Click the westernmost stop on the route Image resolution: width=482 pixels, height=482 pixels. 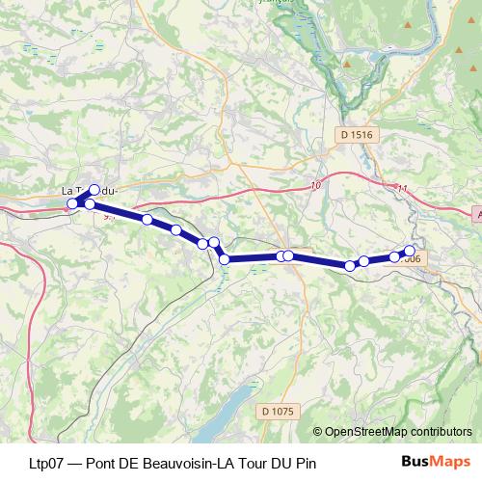[x=72, y=203]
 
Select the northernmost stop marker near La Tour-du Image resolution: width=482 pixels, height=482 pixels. [x=94, y=190]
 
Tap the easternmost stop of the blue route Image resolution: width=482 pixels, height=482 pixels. [x=410, y=251]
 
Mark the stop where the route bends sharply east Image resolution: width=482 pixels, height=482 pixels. [x=224, y=258]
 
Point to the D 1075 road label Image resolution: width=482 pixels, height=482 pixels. [x=278, y=412]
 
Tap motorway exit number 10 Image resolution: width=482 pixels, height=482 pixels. [x=315, y=184]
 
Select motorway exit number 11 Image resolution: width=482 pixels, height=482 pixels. [x=402, y=189]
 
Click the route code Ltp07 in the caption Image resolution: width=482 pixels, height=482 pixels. [x=47, y=463]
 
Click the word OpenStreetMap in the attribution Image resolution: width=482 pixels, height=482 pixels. [x=366, y=432]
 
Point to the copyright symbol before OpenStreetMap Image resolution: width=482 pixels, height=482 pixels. [x=317, y=432]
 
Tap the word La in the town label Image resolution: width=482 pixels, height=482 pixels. [x=68, y=190]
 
